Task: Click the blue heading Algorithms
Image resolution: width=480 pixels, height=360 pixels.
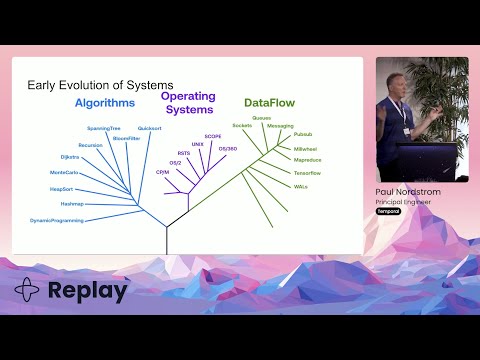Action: point(105,102)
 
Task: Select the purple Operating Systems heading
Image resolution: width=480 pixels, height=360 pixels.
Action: point(188,103)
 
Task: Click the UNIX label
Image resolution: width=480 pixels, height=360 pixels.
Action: point(198,144)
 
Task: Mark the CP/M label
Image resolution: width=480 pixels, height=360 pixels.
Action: point(162,172)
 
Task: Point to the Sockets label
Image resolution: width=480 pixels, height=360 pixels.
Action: point(241,125)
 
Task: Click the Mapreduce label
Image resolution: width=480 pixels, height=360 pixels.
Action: point(306,160)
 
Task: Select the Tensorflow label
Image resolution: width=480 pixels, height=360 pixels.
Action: point(307,173)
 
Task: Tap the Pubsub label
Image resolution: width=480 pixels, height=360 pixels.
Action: point(304,134)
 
